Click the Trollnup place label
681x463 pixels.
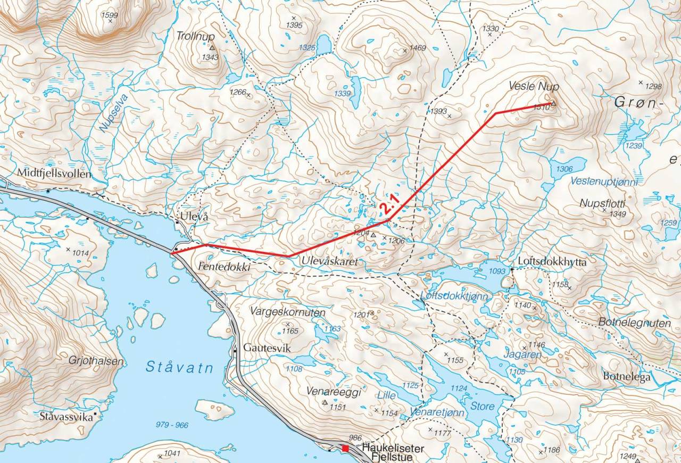[x=196, y=36]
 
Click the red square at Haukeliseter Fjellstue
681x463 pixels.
[x=345, y=449]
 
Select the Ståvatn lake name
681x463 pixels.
[x=179, y=367]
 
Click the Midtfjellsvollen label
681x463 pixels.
[x=54, y=173]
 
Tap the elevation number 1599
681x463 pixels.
[x=109, y=15]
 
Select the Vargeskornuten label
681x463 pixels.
[x=287, y=313]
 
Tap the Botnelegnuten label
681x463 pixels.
[x=634, y=323]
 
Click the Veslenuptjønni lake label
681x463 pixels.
[x=603, y=182]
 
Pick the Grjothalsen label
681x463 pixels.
[x=96, y=361]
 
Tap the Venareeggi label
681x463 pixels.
[x=334, y=392]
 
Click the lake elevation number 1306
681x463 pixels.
[x=564, y=169]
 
